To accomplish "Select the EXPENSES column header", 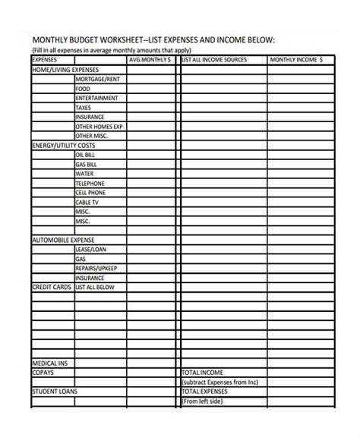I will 45,58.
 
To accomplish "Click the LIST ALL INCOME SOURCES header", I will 214,59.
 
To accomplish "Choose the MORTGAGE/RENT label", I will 97,78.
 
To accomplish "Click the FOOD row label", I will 83,88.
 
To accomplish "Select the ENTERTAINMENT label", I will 96,98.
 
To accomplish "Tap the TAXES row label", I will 84,108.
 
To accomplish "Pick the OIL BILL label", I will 85,154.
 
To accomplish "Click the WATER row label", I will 84,173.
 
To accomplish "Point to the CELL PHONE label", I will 90,193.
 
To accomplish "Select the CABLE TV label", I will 87,203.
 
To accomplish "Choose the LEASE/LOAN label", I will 90,249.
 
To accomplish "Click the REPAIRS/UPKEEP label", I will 96,268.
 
